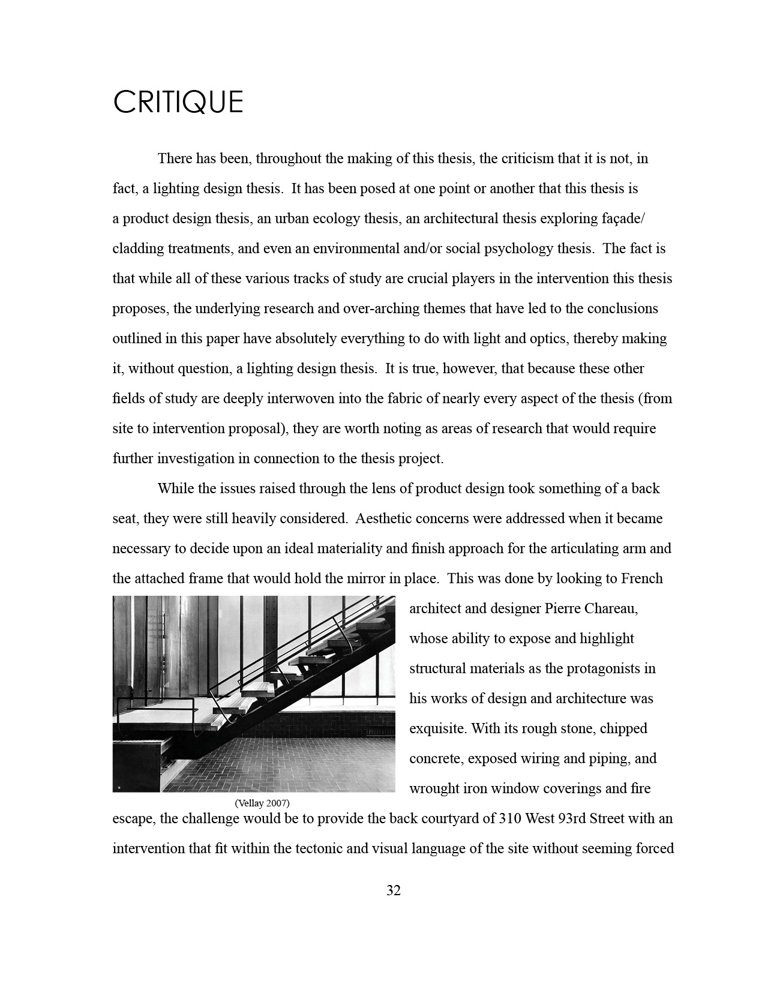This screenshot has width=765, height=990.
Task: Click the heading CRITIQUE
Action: click(x=178, y=102)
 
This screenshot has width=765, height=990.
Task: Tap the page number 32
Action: click(x=393, y=890)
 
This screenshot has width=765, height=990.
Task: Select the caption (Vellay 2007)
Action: click(x=262, y=803)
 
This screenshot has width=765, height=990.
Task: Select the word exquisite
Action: click(x=437, y=728)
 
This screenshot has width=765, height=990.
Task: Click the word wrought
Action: click(x=431, y=788)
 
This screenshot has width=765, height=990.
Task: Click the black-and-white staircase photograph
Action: click(x=254, y=694)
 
